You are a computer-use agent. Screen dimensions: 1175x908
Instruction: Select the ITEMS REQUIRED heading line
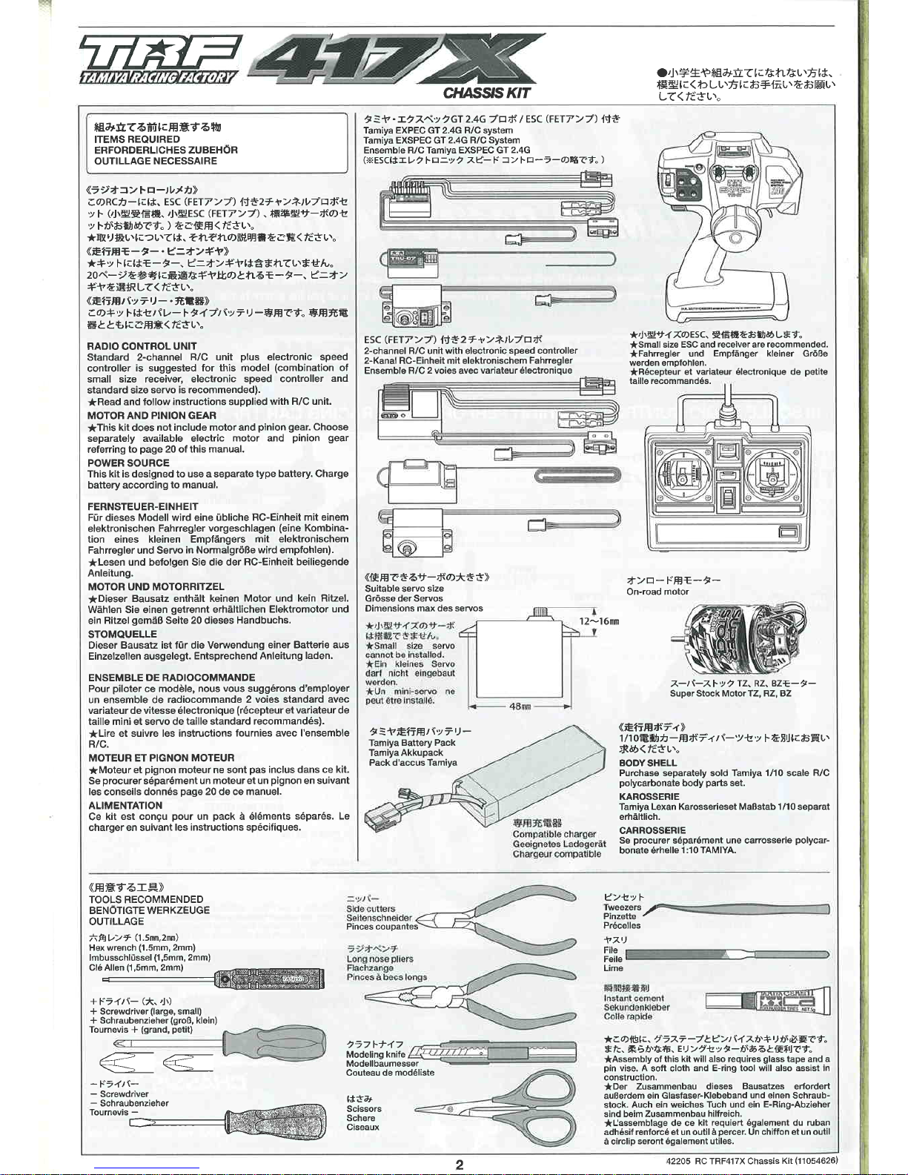137,139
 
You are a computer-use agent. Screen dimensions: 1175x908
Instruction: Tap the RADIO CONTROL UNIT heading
142,346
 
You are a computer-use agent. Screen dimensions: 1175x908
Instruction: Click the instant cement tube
766,1001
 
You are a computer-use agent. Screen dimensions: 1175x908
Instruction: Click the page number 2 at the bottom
459,1164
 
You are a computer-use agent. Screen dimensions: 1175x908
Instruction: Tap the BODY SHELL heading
648,763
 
